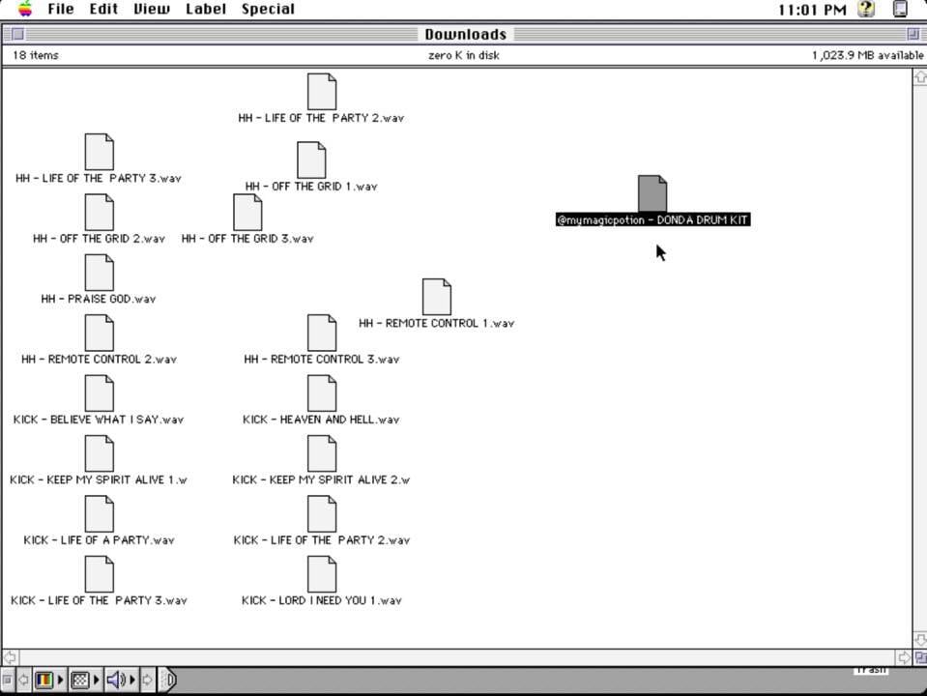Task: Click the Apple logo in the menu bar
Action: pyautogui.click(x=25, y=9)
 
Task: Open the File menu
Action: pyautogui.click(x=60, y=9)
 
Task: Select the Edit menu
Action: pyautogui.click(x=103, y=9)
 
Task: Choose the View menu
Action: pyautogui.click(x=152, y=9)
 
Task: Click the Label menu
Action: pyautogui.click(x=206, y=9)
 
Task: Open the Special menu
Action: pyautogui.click(x=268, y=9)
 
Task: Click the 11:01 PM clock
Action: pyautogui.click(x=812, y=10)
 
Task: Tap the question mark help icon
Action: pyautogui.click(x=866, y=9)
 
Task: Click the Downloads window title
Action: pyautogui.click(x=465, y=34)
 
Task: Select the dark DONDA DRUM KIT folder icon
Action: pyautogui.click(x=652, y=192)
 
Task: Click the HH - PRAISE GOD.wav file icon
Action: pyautogui.click(x=99, y=272)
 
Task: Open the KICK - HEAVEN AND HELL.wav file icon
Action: pyautogui.click(x=322, y=392)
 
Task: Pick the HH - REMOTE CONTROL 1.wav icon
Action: pyautogui.click(x=436, y=296)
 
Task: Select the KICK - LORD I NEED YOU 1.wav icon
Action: pyautogui.click(x=322, y=573)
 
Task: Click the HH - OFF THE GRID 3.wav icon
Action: pyautogui.click(x=247, y=212)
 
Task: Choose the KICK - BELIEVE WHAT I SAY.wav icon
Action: pyautogui.click(x=99, y=392)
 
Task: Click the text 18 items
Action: pyautogui.click(x=36, y=55)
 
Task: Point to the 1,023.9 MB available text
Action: pyautogui.click(x=867, y=55)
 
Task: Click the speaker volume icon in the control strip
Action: pyautogui.click(x=115, y=680)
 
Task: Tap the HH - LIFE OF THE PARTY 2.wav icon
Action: pyautogui.click(x=322, y=91)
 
